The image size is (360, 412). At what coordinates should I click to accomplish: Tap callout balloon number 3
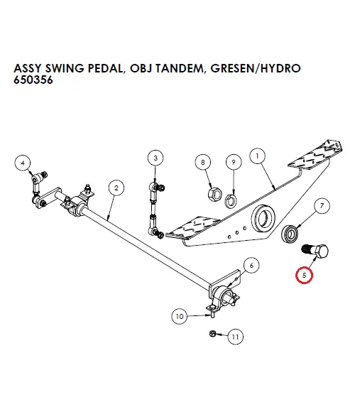tap(156, 157)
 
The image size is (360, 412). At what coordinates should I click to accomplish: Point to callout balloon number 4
tap(23, 162)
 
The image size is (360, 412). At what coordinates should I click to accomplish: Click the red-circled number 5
tap(305, 273)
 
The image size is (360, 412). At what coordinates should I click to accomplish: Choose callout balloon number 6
tap(251, 266)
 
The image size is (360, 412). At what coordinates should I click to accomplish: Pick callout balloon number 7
tap(321, 207)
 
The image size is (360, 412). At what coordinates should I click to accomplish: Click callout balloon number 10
tap(179, 315)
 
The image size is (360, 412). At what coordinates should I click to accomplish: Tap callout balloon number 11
tap(235, 337)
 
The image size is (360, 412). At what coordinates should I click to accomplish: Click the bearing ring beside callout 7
tap(291, 233)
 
